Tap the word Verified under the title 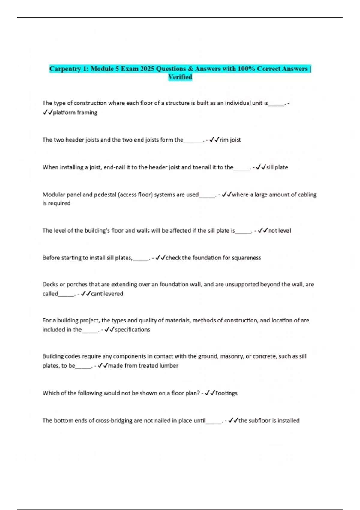pyautogui.click(x=180, y=77)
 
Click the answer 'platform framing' pyautogui.click(x=75, y=112)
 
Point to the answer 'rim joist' pyautogui.click(x=230, y=140)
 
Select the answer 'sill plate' pyautogui.click(x=277, y=167)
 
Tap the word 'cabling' pyautogui.click(x=307, y=195)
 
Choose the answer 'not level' pyautogui.click(x=279, y=231)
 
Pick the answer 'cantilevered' pyautogui.click(x=107, y=294)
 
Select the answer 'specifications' pyautogui.click(x=132, y=330)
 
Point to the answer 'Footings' pyautogui.click(x=226, y=393)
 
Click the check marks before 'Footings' pyautogui.click(x=210, y=393)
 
